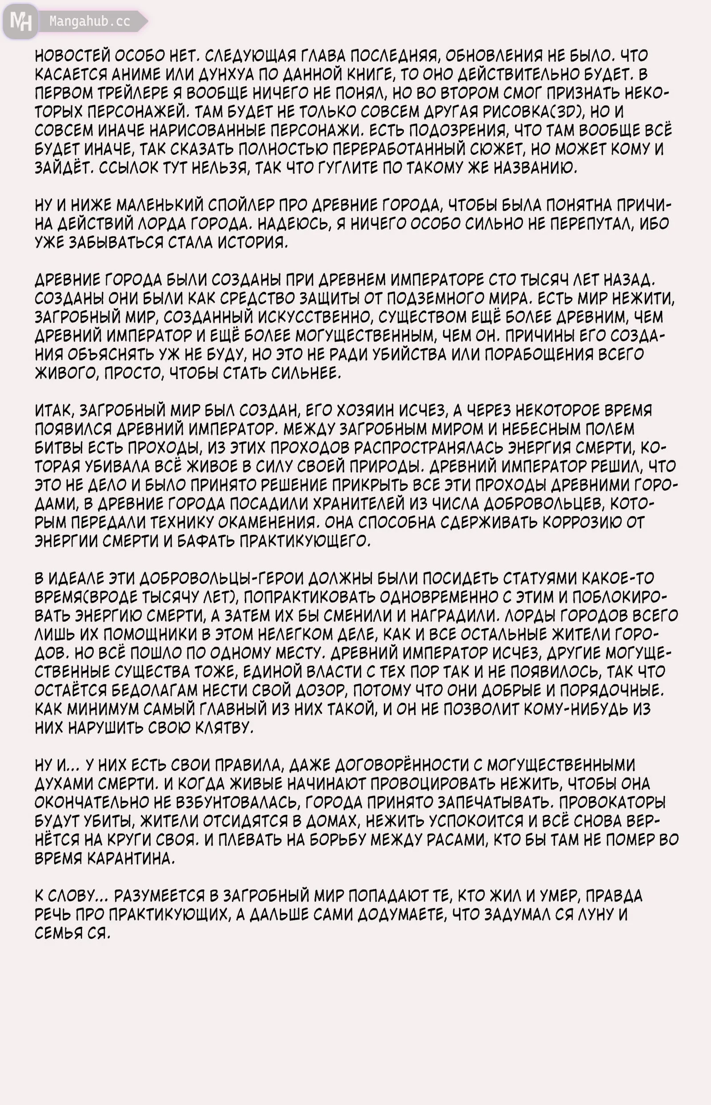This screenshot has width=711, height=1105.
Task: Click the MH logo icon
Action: coord(20,21)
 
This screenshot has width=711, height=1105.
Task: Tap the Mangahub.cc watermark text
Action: coord(90,21)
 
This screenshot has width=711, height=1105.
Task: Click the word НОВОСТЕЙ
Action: coord(72,56)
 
